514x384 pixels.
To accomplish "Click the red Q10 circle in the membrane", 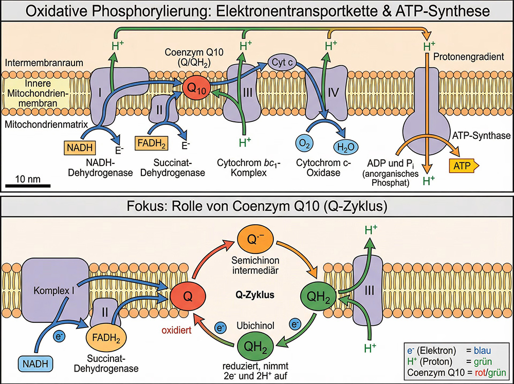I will coord(195,87).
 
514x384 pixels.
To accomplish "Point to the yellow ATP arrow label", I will coord(463,166).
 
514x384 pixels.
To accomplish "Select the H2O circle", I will coord(346,148).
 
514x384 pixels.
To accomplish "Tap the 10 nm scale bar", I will coord(28,184).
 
